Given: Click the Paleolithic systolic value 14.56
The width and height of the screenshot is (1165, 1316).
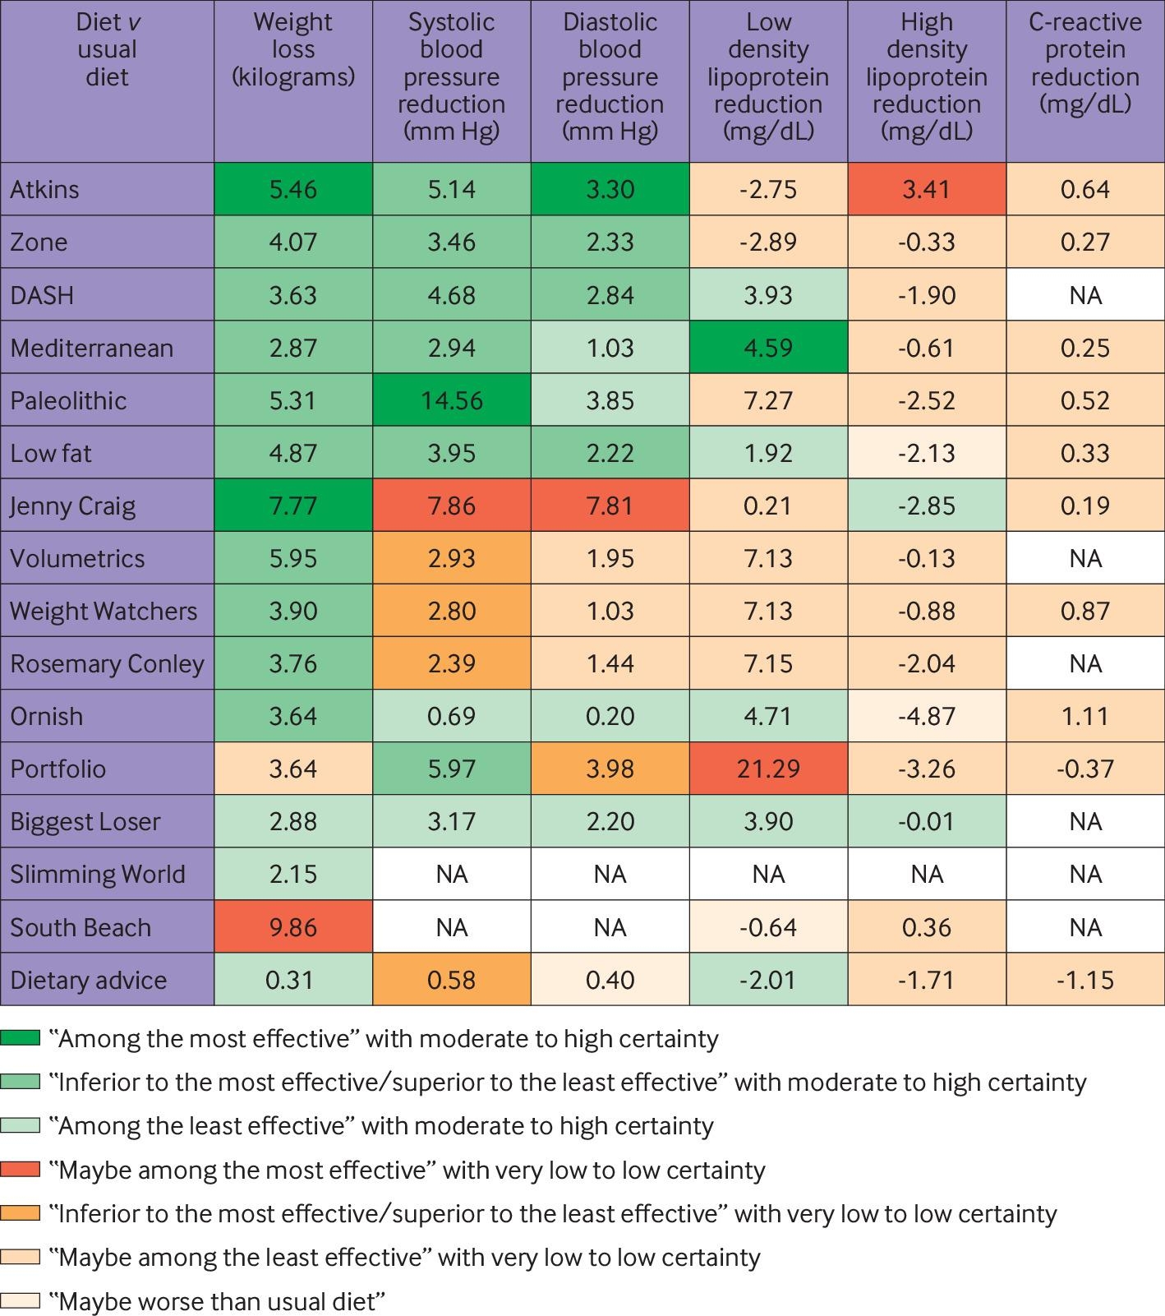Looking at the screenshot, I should (451, 400).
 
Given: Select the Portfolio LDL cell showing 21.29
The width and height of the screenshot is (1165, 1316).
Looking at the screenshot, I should (768, 769).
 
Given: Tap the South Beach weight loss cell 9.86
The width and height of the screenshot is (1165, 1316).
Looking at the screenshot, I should (292, 927).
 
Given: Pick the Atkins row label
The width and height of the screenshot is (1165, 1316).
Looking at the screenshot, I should (45, 189).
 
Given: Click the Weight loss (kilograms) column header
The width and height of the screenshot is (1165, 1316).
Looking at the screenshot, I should (292, 49).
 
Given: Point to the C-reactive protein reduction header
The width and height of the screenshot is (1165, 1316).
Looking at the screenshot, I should (1084, 63).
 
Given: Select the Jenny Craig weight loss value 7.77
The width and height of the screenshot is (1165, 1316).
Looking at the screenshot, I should (292, 506).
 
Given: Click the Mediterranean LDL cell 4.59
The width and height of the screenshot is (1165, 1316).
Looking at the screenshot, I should (768, 348).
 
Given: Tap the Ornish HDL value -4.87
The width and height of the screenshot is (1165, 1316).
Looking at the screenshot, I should (926, 716).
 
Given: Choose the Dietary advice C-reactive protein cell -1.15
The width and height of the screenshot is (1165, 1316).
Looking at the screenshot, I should (1084, 980).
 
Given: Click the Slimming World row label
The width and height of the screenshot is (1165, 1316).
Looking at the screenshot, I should (97, 874).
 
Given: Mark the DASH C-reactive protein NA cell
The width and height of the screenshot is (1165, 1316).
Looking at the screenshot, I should (1084, 295).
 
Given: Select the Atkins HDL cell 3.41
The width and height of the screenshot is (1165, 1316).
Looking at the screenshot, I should (926, 189).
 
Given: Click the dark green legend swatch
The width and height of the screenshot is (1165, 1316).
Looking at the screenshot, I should (21, 1038).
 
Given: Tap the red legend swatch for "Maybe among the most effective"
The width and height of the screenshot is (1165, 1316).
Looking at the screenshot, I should (21, 1170).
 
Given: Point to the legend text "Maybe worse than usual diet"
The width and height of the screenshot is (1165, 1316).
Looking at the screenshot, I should (217, 1301).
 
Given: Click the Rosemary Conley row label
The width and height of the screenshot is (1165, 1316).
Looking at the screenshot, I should (107, 663).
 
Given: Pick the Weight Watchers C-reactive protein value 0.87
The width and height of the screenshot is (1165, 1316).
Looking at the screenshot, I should (1084, 611).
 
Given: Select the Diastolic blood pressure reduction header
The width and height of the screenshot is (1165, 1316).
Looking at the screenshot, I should (610, 76).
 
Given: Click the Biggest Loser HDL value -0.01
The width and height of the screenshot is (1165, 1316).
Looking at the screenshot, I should (926, 821).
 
